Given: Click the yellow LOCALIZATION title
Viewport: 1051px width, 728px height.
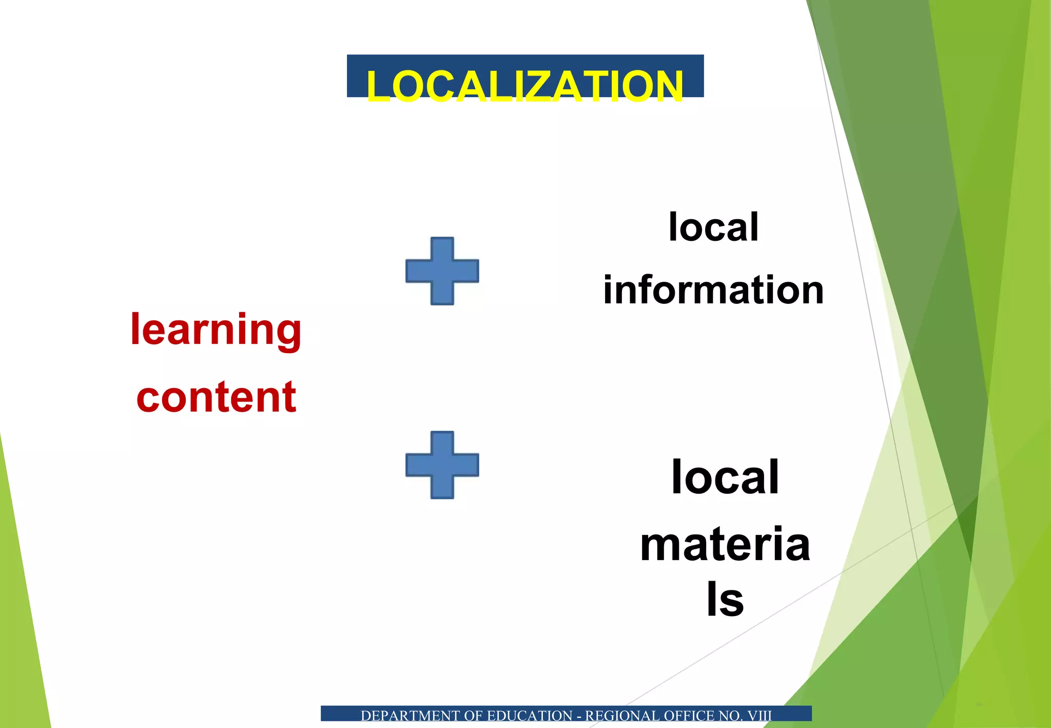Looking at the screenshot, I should point(524,85).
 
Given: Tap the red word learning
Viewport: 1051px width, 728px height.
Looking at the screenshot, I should point(216,330).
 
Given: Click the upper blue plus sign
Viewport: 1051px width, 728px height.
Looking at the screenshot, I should point(442,271).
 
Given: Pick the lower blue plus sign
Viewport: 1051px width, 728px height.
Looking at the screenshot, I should point(442,465).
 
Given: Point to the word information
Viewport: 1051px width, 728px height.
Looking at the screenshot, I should point(713,290).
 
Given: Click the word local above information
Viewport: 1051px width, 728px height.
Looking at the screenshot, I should point(713,227).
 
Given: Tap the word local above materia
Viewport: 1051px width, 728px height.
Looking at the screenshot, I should point(725,477).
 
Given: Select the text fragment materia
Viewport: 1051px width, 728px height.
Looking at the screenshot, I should point(725,544).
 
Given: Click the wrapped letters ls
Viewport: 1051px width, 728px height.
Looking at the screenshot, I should point(725,599).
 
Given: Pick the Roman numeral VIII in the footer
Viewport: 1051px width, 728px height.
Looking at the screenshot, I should point(759,716).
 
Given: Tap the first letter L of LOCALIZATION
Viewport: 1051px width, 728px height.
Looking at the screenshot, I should point(378,86).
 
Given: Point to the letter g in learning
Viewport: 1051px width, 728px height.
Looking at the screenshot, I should point(289,334).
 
